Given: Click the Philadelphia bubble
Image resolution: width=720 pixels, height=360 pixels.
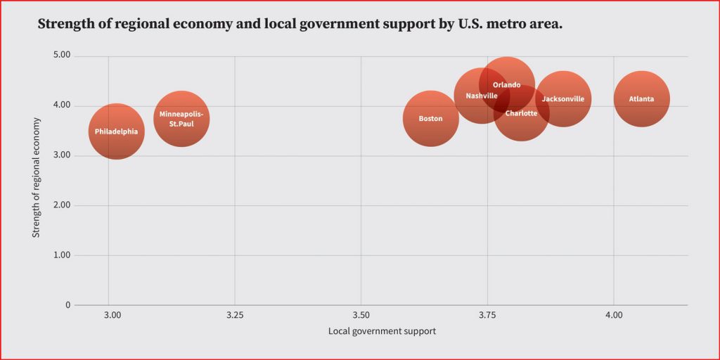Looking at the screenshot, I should pos(116,131).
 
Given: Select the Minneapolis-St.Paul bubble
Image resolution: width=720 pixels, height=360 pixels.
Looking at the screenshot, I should pos(181,119).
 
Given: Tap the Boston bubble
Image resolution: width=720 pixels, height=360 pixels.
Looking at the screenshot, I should pos(430,119).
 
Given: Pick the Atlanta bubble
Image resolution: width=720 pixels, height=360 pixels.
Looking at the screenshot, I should pos(641,99).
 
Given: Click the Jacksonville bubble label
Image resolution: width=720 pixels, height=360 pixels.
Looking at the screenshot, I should pos(562,99).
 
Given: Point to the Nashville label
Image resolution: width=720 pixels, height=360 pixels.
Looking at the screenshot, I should pos(482,96).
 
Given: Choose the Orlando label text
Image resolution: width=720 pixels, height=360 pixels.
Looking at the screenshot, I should pos(506,85).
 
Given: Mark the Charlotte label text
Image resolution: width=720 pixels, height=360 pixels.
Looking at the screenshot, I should pos(521,113).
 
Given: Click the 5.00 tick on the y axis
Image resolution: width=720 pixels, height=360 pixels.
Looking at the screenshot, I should pos(62,56).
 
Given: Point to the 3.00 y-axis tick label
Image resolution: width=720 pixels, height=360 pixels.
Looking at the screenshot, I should pos(62,155).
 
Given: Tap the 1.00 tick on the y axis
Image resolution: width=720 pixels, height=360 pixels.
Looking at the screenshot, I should pos(62,255).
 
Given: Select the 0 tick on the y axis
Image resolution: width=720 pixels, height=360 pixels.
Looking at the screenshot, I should pos(67,305).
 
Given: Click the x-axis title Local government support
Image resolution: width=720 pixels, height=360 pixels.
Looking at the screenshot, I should pos(382,331).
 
